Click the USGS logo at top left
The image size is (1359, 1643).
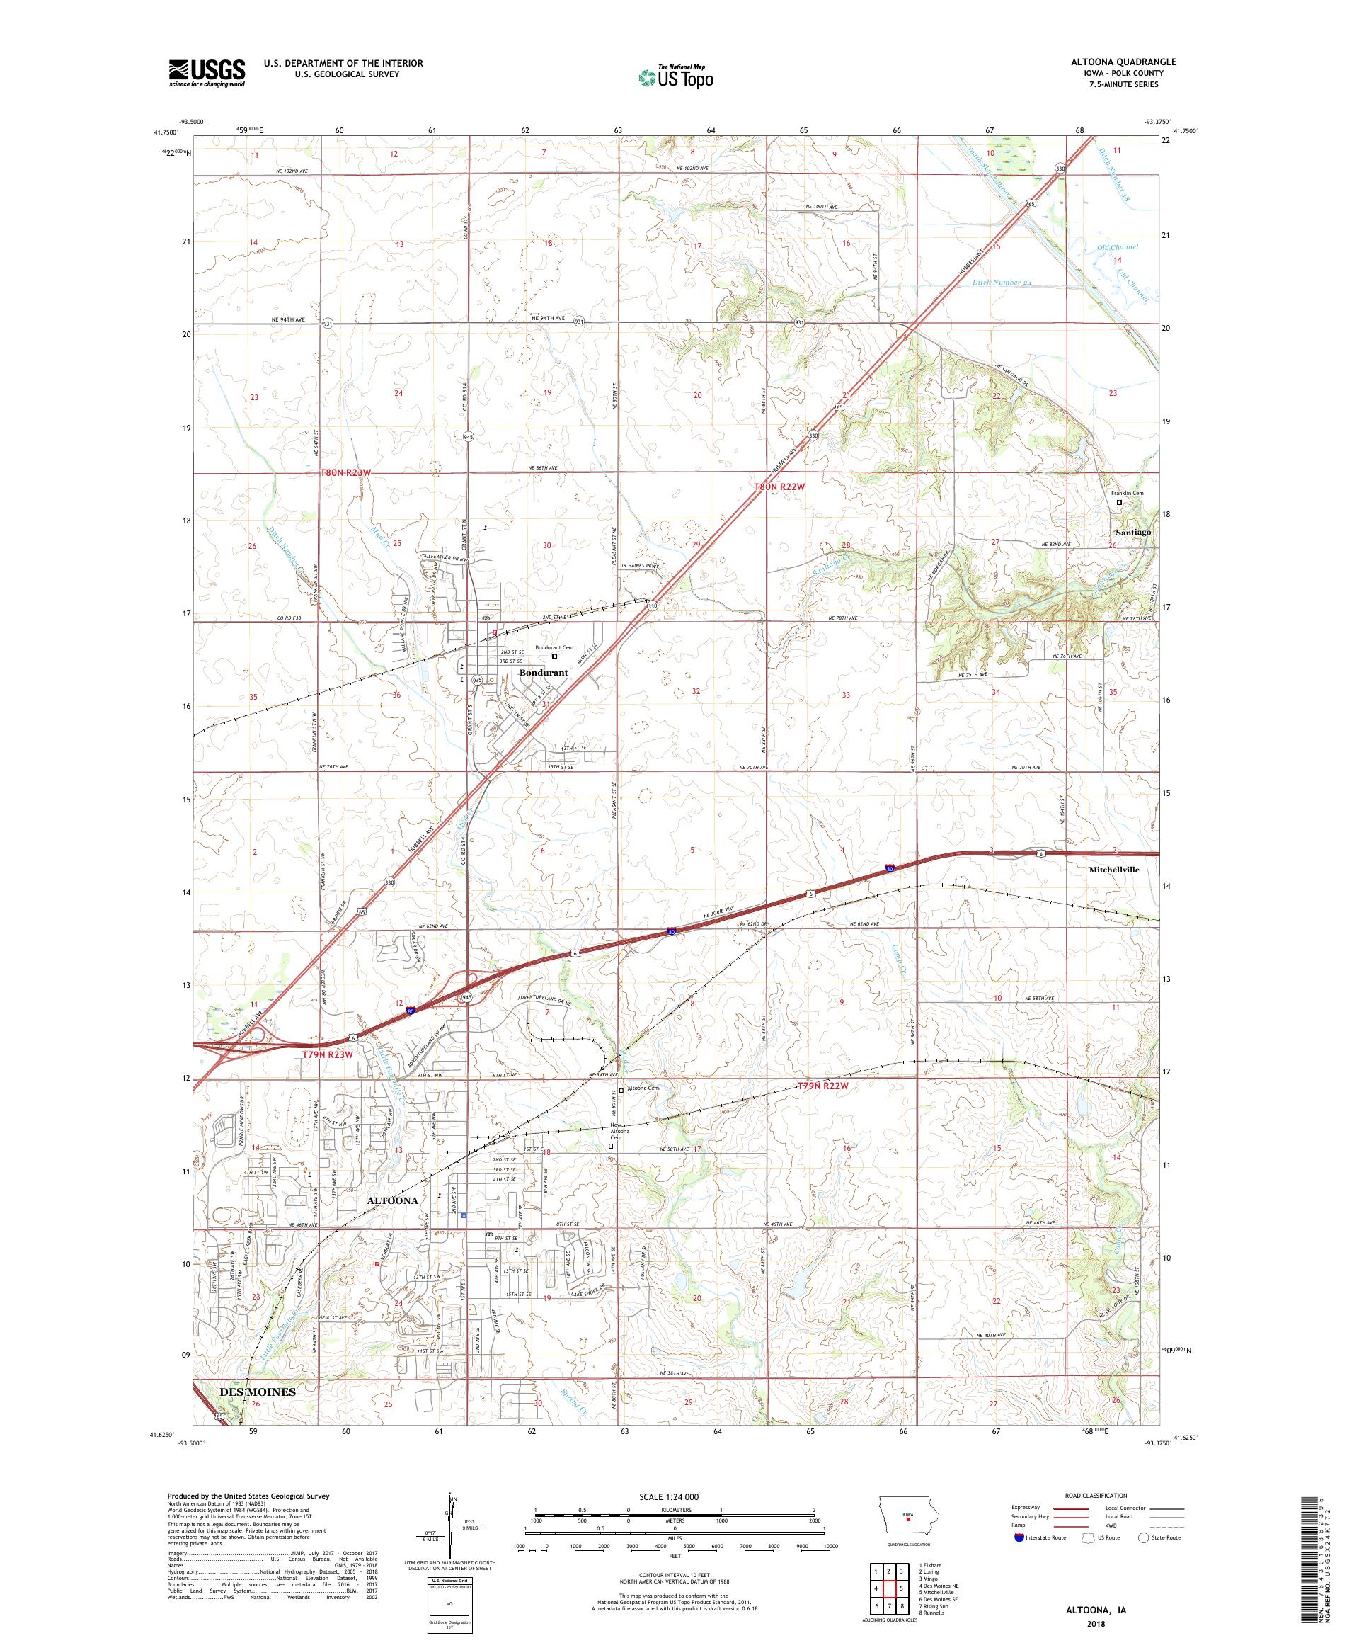click(x=207, y=74)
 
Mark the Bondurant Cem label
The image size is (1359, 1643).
click(x=554, y=647)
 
